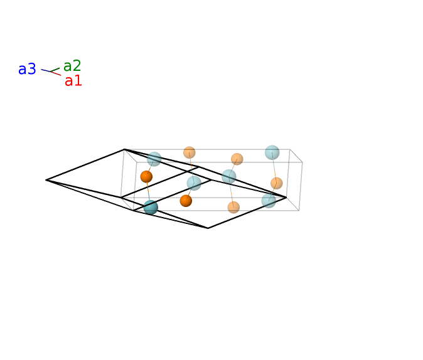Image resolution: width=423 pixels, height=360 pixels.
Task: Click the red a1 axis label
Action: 73,81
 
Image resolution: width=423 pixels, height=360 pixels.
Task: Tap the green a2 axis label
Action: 72,66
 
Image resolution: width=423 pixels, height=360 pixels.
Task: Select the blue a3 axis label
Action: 27,69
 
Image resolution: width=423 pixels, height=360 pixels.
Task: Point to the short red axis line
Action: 56,73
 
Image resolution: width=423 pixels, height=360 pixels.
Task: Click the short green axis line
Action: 55,70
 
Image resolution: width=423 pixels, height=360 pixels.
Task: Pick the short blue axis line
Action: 46,70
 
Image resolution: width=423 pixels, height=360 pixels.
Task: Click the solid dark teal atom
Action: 151,207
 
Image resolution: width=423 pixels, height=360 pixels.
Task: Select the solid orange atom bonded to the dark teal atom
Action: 146,177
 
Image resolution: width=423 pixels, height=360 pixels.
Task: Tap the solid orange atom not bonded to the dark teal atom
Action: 186,201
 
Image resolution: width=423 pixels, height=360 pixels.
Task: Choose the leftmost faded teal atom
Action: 154,159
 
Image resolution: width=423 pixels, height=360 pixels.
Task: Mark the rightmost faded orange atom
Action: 277,183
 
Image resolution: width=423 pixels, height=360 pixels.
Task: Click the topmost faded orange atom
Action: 189,152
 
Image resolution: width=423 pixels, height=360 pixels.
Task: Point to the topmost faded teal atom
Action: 272,152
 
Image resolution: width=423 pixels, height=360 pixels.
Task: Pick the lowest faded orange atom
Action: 233,207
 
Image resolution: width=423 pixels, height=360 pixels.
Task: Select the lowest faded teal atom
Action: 269,201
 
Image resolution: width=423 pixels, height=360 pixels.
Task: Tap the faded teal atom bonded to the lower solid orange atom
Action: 194,183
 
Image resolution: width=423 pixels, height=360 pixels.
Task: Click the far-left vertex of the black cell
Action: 46,180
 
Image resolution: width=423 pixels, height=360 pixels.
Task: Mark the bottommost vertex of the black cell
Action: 208,228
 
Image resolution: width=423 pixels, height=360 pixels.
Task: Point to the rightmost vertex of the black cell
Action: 286,198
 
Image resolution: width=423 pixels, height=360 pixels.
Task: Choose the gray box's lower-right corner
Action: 299,210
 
